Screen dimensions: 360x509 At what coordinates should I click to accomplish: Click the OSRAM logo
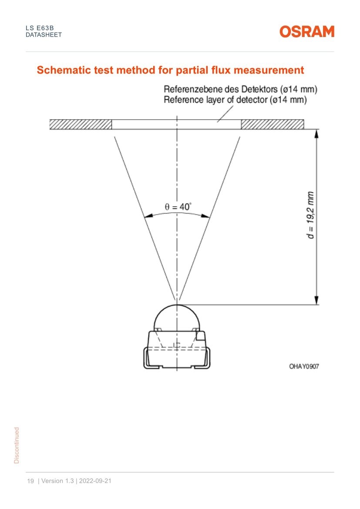[x=307, y=31]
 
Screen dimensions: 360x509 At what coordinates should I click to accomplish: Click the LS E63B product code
[x=40, y=28]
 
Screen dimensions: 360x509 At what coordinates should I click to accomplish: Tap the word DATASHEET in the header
[x=44, y=35]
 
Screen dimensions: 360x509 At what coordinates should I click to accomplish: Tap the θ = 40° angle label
[x=178, y=207]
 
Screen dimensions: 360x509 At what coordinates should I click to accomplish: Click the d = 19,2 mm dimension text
[x=311, y=215]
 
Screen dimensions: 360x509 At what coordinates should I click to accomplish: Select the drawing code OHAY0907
[x=304, y=366]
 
